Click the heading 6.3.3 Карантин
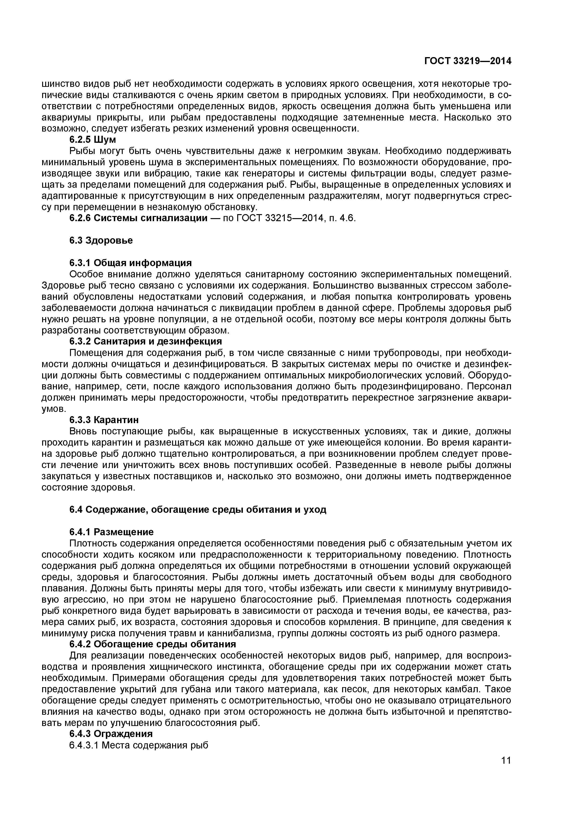pos(104,419)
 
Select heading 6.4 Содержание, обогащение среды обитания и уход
pos(197,509)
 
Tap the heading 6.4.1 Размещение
pos(111,532)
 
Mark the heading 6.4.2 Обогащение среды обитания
pos(152,644)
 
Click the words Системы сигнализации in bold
pos(151,218)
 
